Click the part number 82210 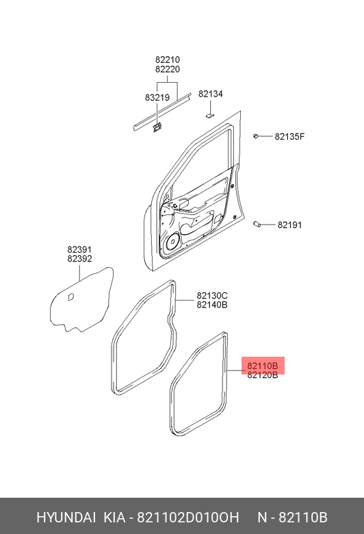pyautogui.click(x=168, y=60)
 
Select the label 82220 pyautogui.click(x=168, y=69)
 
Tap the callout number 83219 pyautogui.click(x=157, y=98)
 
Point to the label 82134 pyautogui.click(x=211, y=94)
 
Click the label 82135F pyautogui.click(x=290, y=136)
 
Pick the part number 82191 pyautogui.click(x=290, y=225)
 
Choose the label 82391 pyautogui.click(x=79, y=250)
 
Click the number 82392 pyautogui.click(x=79, y=259)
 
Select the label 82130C pyautogui.click(x=212, y=296)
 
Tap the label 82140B pyautogui.click(x=212, y=305)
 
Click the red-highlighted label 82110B pyautogui.click(x=263, y=366)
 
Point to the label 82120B pyautogui.click(x=263, y=375)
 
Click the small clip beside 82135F pyautogui.click(x=255, y=136)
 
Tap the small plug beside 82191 pyautogui.click(x=257, y=224)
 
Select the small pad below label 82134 pyautogui.click(x=209, y=116)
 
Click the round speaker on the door pyautogui.click(x=173, y=242)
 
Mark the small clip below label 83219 pyautogui.click(x=157, y=127)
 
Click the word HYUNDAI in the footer pyautogui.click(x=66, y=518)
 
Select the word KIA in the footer pyautogui.click(x=114, y=518)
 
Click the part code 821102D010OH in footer pyautogui.click(x=188, y=518)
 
